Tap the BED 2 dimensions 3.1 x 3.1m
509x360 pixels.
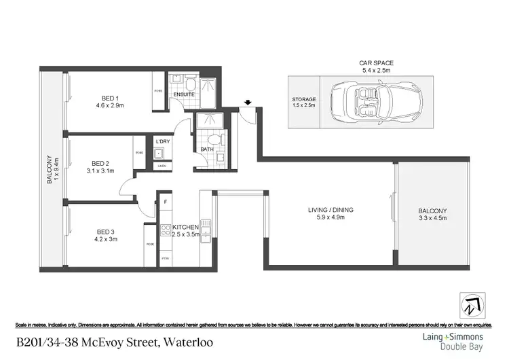click(x=100, y=171)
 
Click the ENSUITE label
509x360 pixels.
click(x=184, y=94)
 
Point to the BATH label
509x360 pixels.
click(x=206, y=149)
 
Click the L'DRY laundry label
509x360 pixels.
click(x=162, y=141)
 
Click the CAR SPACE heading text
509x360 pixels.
click(x=376, y=63)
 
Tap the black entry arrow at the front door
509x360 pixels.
click(x=248, y=103)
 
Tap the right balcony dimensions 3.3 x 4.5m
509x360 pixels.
click(x=432, y=218)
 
